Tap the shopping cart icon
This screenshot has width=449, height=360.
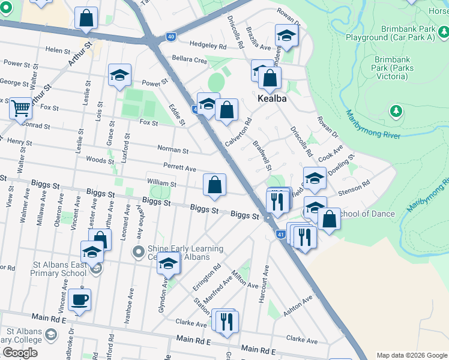coord(20,109)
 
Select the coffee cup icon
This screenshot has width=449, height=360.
coord(79,299)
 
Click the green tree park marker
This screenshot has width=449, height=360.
coord(396,111)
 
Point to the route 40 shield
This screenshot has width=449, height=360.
coord(171,37)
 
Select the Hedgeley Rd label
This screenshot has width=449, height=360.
coord(208,45)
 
